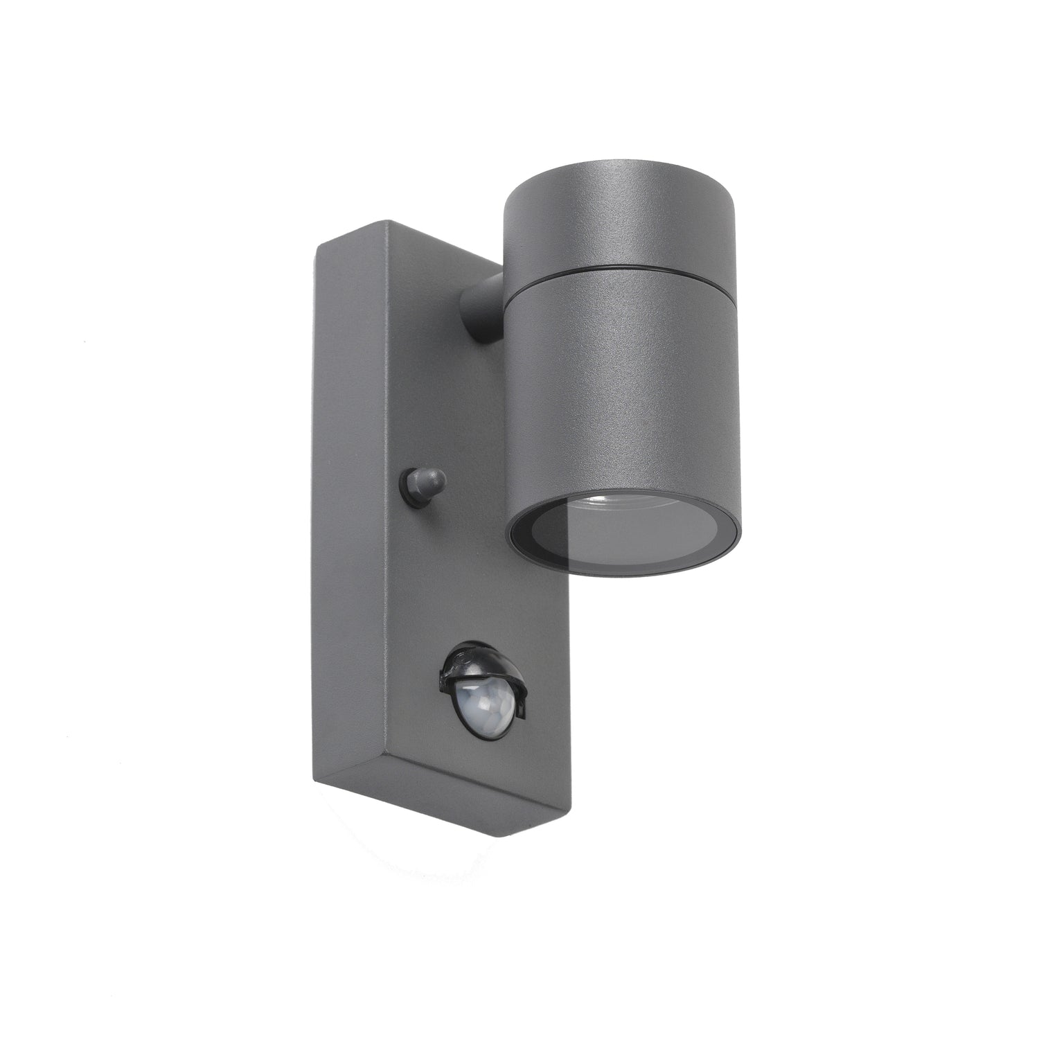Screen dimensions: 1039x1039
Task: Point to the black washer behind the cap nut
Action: [408, 483]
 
